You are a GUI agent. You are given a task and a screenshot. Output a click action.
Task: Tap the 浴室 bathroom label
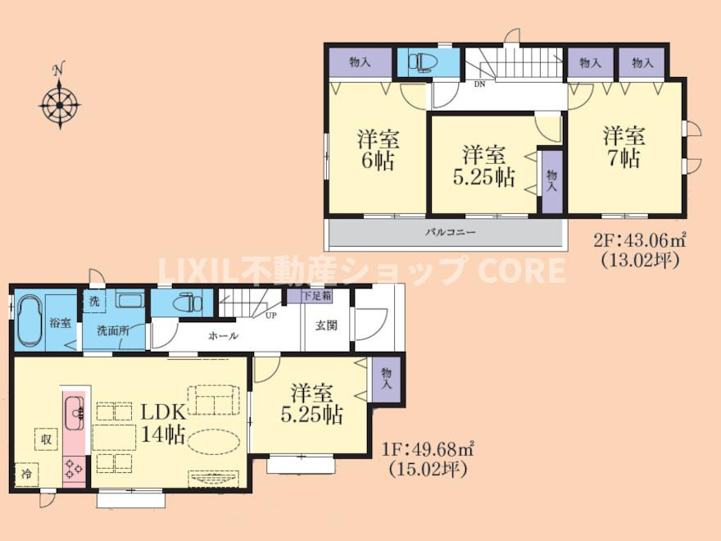click(x=61, y=323)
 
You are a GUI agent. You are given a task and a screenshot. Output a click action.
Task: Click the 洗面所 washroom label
click(x=113, y=330)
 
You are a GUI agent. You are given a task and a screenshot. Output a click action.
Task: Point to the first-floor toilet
click(x=188, y=302)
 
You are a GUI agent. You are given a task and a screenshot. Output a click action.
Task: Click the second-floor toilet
click(x=424, y=62)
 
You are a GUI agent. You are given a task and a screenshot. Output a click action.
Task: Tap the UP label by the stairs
click(x=271, y=316)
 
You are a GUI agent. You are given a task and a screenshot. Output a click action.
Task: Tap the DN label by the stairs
click(x=479, y=84)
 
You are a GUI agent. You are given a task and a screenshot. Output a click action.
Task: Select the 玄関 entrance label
click(x=326, y=325)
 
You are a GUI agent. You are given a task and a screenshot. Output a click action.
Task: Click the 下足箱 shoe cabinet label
click(x=317, y=296)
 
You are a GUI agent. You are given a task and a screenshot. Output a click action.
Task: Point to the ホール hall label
click(x=224, y=336)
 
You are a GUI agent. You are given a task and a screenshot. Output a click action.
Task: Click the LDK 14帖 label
click(x=163, y=422)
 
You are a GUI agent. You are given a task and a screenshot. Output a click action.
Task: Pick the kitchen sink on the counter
click(x=75, y=412)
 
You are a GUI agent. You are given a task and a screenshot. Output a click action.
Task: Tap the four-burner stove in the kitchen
click(x=74, y=468)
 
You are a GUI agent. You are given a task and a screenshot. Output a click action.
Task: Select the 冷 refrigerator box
click(x=27, y=474)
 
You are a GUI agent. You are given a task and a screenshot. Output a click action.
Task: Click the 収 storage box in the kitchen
click(x=47, y=439)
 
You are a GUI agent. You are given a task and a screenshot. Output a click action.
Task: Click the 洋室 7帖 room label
click(x=624, y=148)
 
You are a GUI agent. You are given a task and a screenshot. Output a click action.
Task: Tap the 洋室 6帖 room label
click(x=378, y=150)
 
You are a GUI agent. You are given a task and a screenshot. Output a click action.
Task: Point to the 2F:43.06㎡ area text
click(x=640, y=240)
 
